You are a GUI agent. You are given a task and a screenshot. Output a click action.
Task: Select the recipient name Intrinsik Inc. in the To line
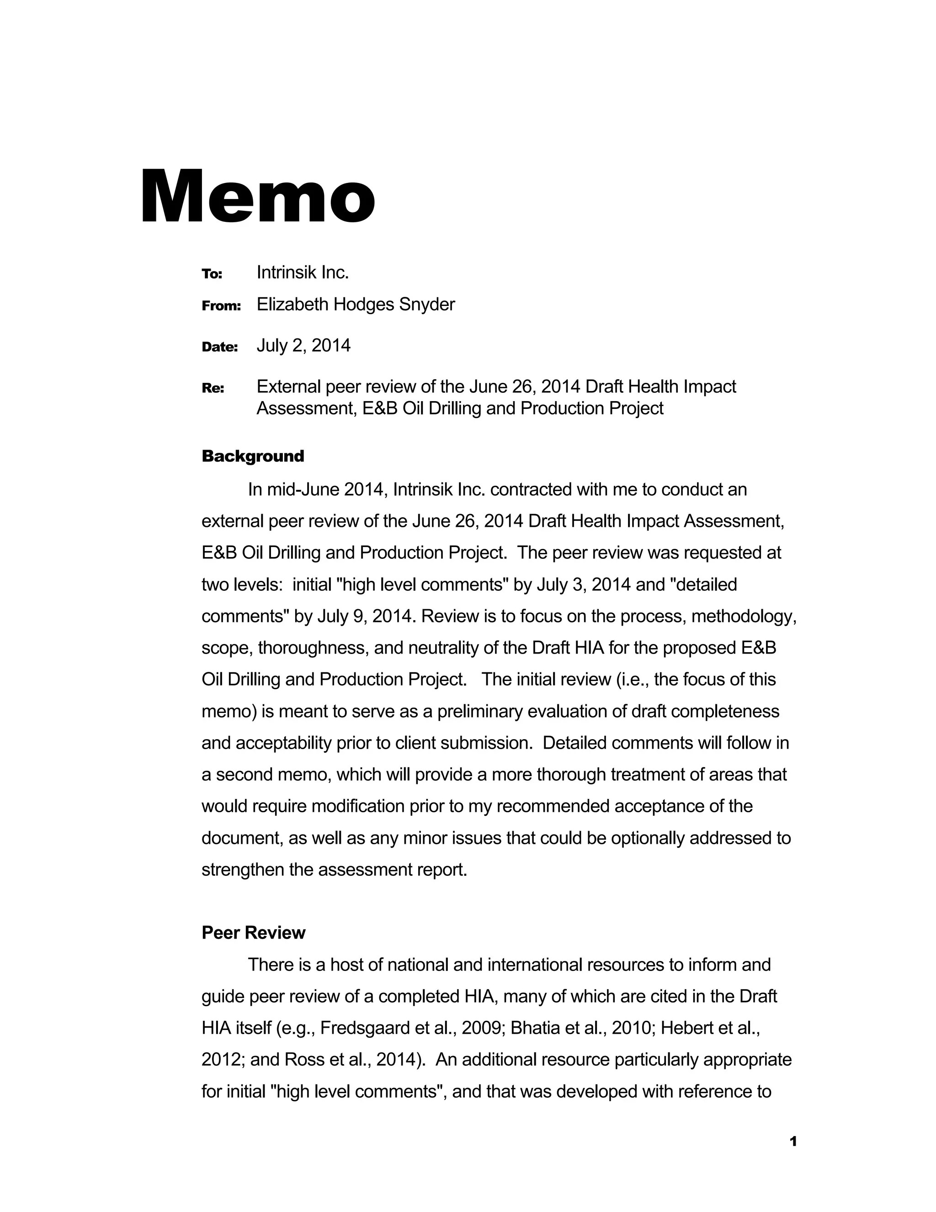coord(302,272)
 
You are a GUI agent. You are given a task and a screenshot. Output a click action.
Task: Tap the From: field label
coord(221,306)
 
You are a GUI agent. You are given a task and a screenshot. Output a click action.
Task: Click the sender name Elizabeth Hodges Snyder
coord(356,304)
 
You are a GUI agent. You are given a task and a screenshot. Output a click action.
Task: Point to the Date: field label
coord(219,347)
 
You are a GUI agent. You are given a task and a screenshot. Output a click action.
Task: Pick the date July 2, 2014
coord(303,345)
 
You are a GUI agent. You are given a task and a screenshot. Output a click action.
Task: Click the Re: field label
coord(213,388)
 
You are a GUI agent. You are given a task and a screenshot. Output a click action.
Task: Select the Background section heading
coord(253,456)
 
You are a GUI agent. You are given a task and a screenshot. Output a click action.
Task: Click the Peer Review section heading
coord(253,932)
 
